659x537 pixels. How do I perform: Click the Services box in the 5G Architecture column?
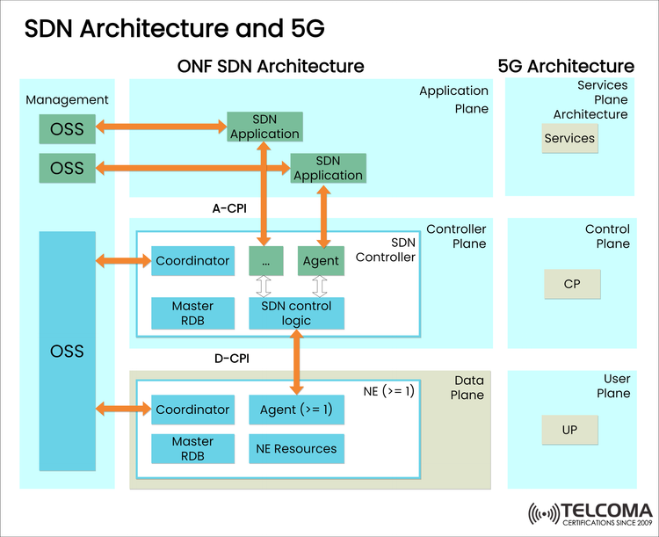pos(569,139)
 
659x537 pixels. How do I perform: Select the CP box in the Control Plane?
pos(570,285)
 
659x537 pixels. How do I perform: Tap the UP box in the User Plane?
pos(569,431)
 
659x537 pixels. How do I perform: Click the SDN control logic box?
pos(296,314)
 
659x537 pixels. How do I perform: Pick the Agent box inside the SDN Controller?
pos(320,261)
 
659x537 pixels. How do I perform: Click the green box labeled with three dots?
pos(266,261)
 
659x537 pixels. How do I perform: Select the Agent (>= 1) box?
pos(296,410)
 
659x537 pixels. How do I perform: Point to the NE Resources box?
pos(296,448)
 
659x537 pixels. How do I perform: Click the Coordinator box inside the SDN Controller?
pos(192,261)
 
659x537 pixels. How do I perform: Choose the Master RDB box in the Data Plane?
pos(192,448)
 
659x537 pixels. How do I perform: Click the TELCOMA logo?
pos(590,514)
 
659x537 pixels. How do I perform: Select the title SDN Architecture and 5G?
pos(174,28)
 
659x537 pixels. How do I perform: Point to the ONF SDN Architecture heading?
pos(271,66)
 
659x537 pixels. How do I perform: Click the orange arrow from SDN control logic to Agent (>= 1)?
pos(296,362)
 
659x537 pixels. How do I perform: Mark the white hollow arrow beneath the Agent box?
pos(320,287)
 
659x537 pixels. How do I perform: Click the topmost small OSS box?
pos(67,129)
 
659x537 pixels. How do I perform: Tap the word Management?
pos(67,100)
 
